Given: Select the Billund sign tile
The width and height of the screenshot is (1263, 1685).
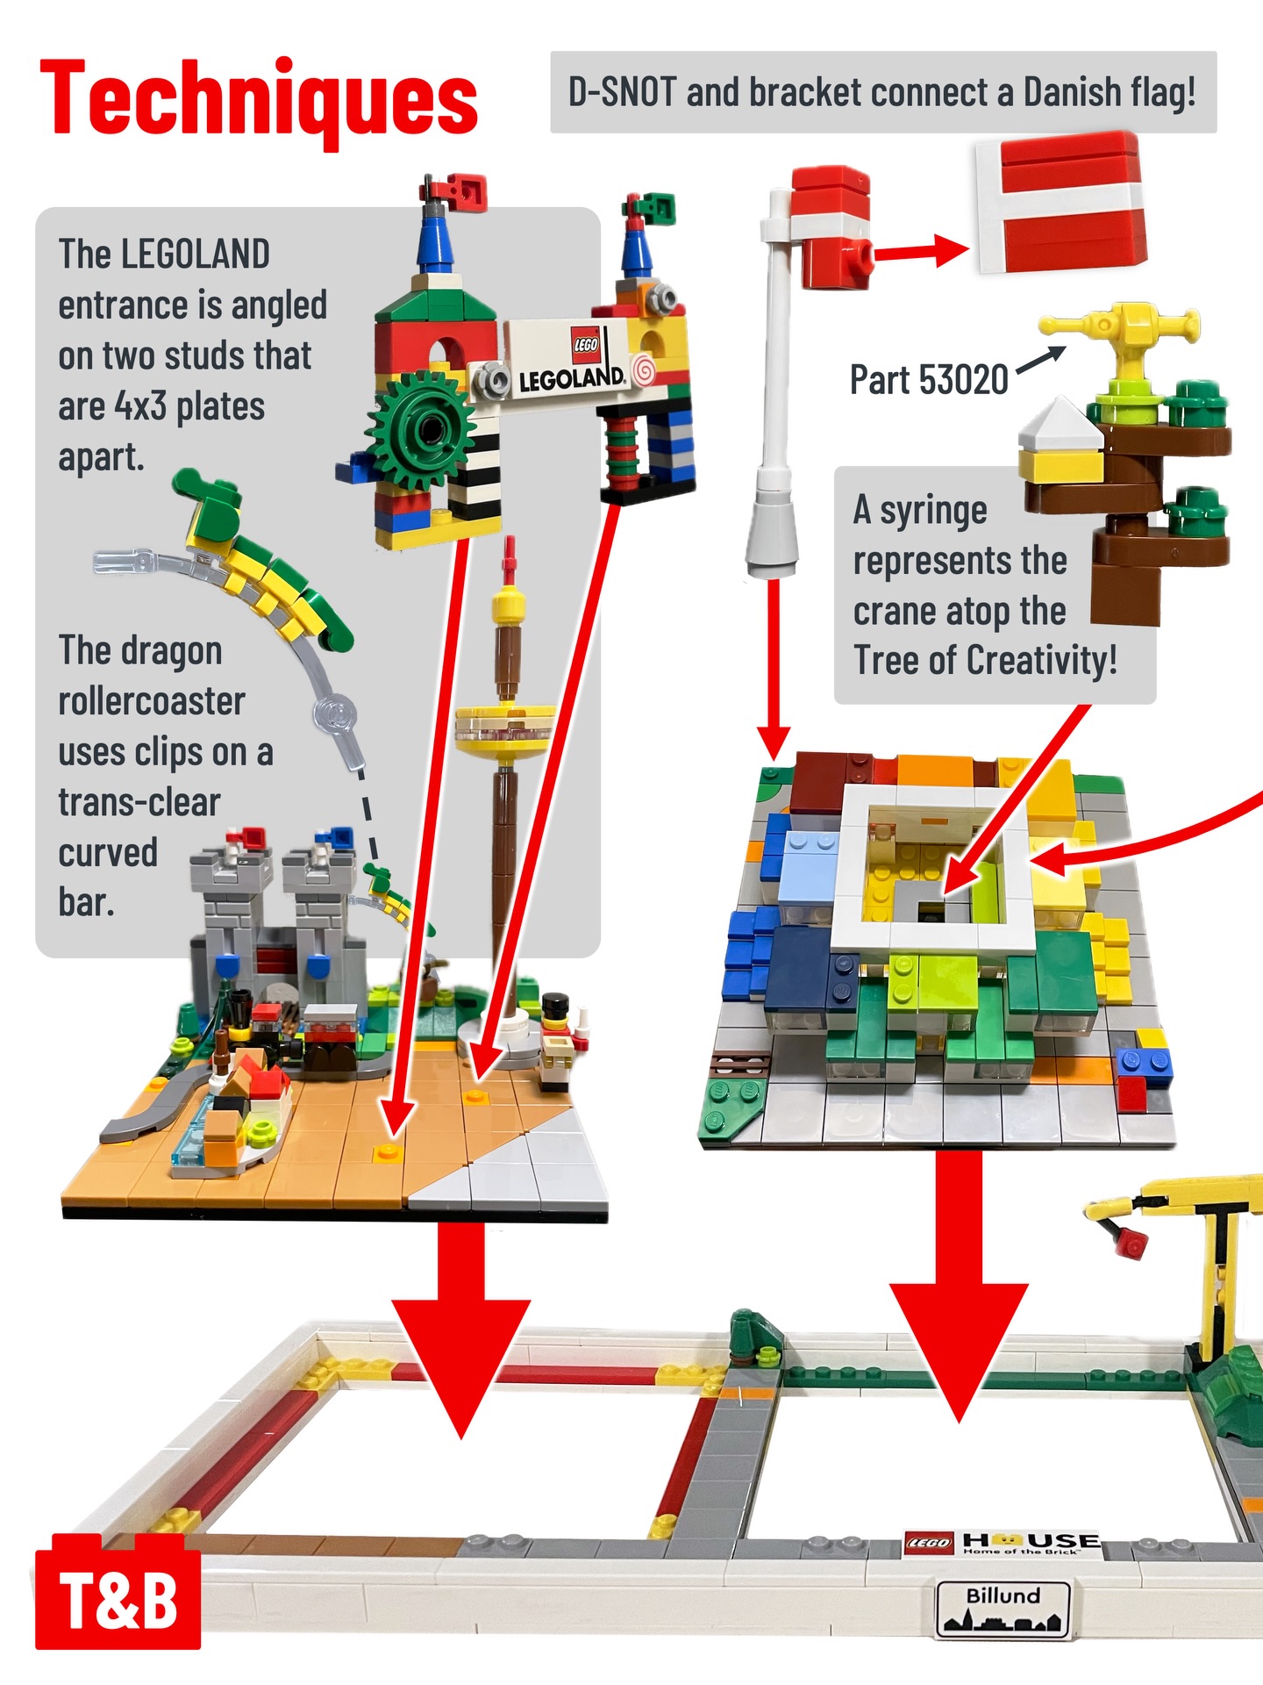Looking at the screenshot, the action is pyautogui.click(x=1003, y=1609).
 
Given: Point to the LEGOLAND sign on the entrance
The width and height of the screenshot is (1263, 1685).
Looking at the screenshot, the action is pyautogui.click(x=570, y=360).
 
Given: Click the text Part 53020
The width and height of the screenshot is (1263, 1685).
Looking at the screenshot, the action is pyautogui.click(x=929, y=380).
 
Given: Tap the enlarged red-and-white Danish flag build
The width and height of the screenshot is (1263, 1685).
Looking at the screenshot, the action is pyautogui.click(x=1061, y=204).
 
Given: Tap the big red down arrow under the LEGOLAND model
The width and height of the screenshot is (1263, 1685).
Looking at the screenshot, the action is pyautogui.click(x=461, y=1325).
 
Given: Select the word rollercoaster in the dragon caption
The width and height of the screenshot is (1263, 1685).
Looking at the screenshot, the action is pyautogui.click(x=152, y=701).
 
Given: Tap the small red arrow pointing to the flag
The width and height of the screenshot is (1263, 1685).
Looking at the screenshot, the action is pyautogui.click(x=921, y=252).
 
